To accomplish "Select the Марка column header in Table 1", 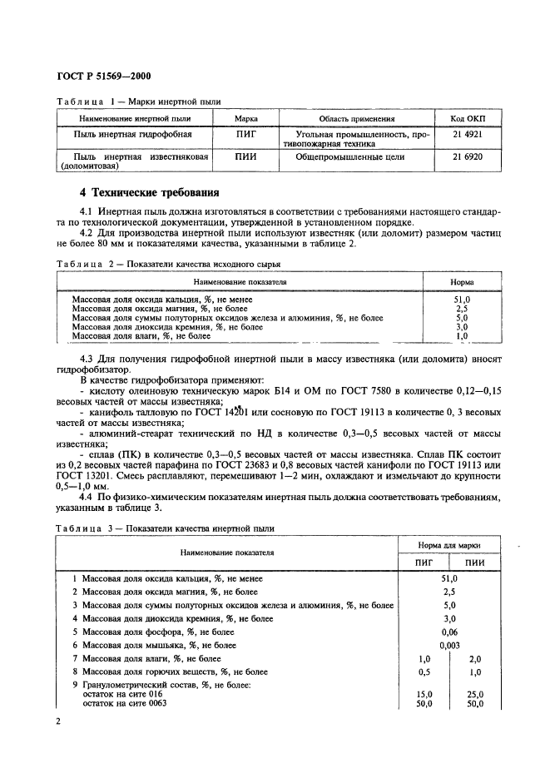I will click(x=245, y=118).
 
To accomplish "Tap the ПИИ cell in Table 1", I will click(x=245, y=156).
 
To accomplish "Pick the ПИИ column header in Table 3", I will click(x=474, y=562).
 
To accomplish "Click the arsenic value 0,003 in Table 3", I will click(x=449, y=645).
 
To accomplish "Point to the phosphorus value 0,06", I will click(x=449, y=632).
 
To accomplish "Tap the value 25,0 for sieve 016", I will click(x=475, y=693).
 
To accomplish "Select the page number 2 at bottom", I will click(x=58, y=721).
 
